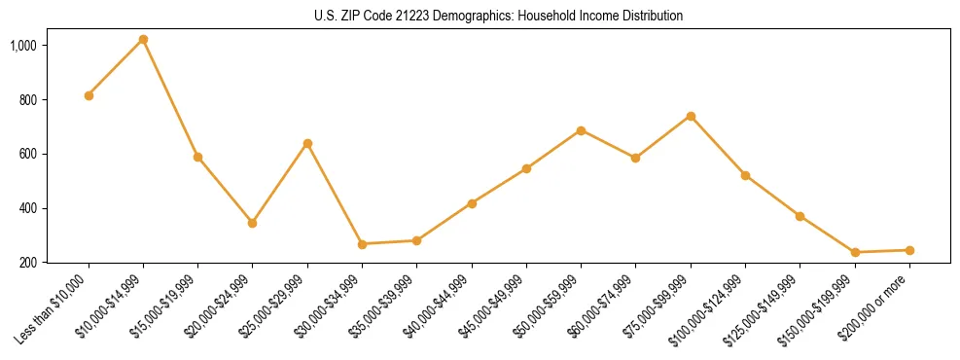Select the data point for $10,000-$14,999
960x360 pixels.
(143, 40)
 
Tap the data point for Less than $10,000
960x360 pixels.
(89, 95)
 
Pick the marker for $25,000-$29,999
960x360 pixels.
(307, 143)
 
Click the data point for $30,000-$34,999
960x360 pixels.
(362, 244)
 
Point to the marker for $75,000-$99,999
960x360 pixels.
(691, 116)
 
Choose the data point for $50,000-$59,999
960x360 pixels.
(581, 130)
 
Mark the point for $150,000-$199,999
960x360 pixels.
(855, 252)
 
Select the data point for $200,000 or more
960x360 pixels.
(909, 250)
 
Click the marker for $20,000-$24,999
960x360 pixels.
(253, 223)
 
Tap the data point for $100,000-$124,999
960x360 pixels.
(745, 175)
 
